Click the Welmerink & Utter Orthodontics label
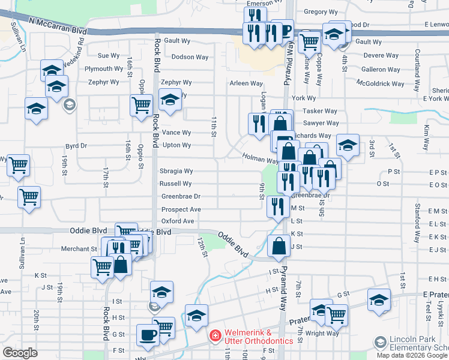point(259,337)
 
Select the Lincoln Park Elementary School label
point(418,343)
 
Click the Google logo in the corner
point(20,353)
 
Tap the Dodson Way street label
point(190,57)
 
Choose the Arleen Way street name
point(246,83)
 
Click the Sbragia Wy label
point(176,171)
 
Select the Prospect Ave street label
point(181,209)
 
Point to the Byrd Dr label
point(76,145)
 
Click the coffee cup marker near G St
point(147,334)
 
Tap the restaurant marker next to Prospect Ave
point(277,206)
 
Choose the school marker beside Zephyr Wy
point(170,99)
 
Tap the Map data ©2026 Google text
point(412,355)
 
